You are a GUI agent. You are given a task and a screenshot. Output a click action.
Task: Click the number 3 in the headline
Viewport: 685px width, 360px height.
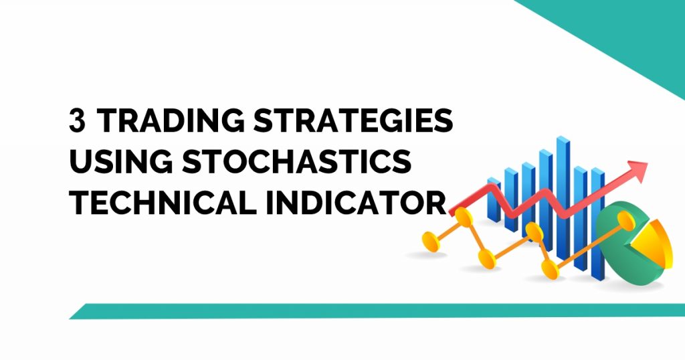[79, 121]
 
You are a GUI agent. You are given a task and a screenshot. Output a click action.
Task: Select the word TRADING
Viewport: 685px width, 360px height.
[166, 121]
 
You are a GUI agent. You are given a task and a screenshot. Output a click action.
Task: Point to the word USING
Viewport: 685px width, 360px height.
[112, 161]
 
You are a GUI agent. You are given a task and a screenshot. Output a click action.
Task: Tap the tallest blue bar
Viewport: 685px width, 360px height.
[563, 194]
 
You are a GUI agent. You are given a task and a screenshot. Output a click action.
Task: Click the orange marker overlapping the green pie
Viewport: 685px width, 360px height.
[625, 218]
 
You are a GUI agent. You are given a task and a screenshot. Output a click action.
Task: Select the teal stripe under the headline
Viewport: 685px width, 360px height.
[375, 311]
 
